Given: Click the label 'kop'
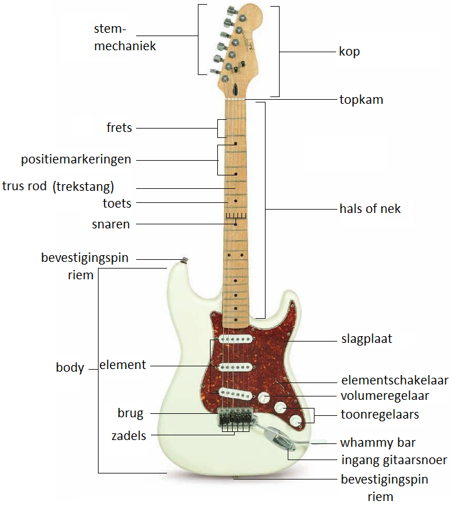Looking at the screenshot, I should (x=349, y=52).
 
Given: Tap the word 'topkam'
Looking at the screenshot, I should (x=361, y=100).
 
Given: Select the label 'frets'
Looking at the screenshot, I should (x=119, y=127).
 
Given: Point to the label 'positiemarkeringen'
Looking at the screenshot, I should (x=76, y=159).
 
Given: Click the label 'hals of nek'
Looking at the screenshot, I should (x=370, y=209).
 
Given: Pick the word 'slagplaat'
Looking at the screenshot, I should (x=366, y=339).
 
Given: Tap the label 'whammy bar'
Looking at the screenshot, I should (x=378, y=443).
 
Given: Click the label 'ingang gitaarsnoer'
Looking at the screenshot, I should (x=394, y=460).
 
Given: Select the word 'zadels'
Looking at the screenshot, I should (x=129, y=436).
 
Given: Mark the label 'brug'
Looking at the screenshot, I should (x=130, y=413).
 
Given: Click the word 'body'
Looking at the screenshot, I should (x=70, y=368).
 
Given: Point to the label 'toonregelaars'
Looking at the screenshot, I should (x=380, y=415).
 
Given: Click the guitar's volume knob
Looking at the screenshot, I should (x=265, y=397).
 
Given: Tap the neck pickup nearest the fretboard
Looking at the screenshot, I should (x=234, y=341).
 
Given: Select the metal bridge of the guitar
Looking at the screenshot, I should (x=234, y=417).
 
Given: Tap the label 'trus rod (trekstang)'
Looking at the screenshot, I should (x=59, y=186).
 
